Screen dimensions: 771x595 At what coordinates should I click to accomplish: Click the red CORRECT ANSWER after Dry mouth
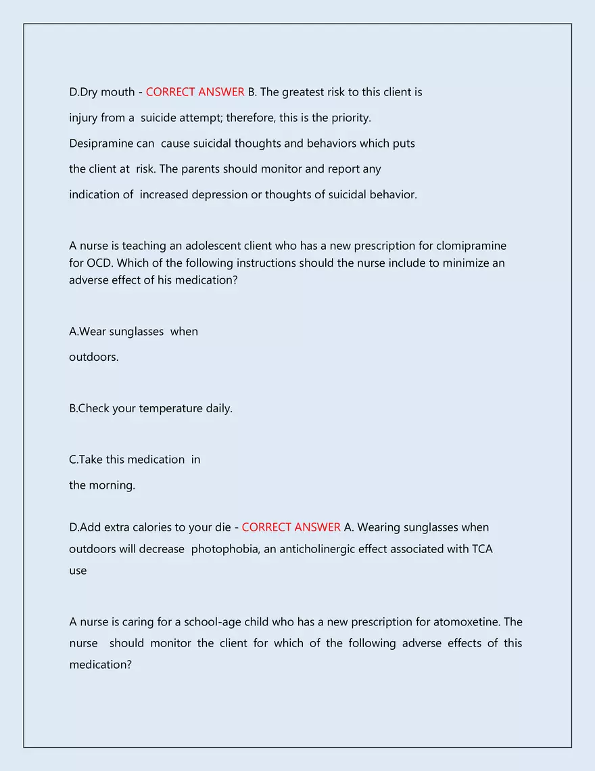pos(195,92)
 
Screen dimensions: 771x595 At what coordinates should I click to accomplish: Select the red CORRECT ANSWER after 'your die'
pos(291,527)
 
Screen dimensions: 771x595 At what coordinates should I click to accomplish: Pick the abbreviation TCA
pos(482,549)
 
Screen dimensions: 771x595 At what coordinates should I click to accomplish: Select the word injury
pos(83,118)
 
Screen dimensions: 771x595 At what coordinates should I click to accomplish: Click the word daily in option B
pos(218,409)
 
